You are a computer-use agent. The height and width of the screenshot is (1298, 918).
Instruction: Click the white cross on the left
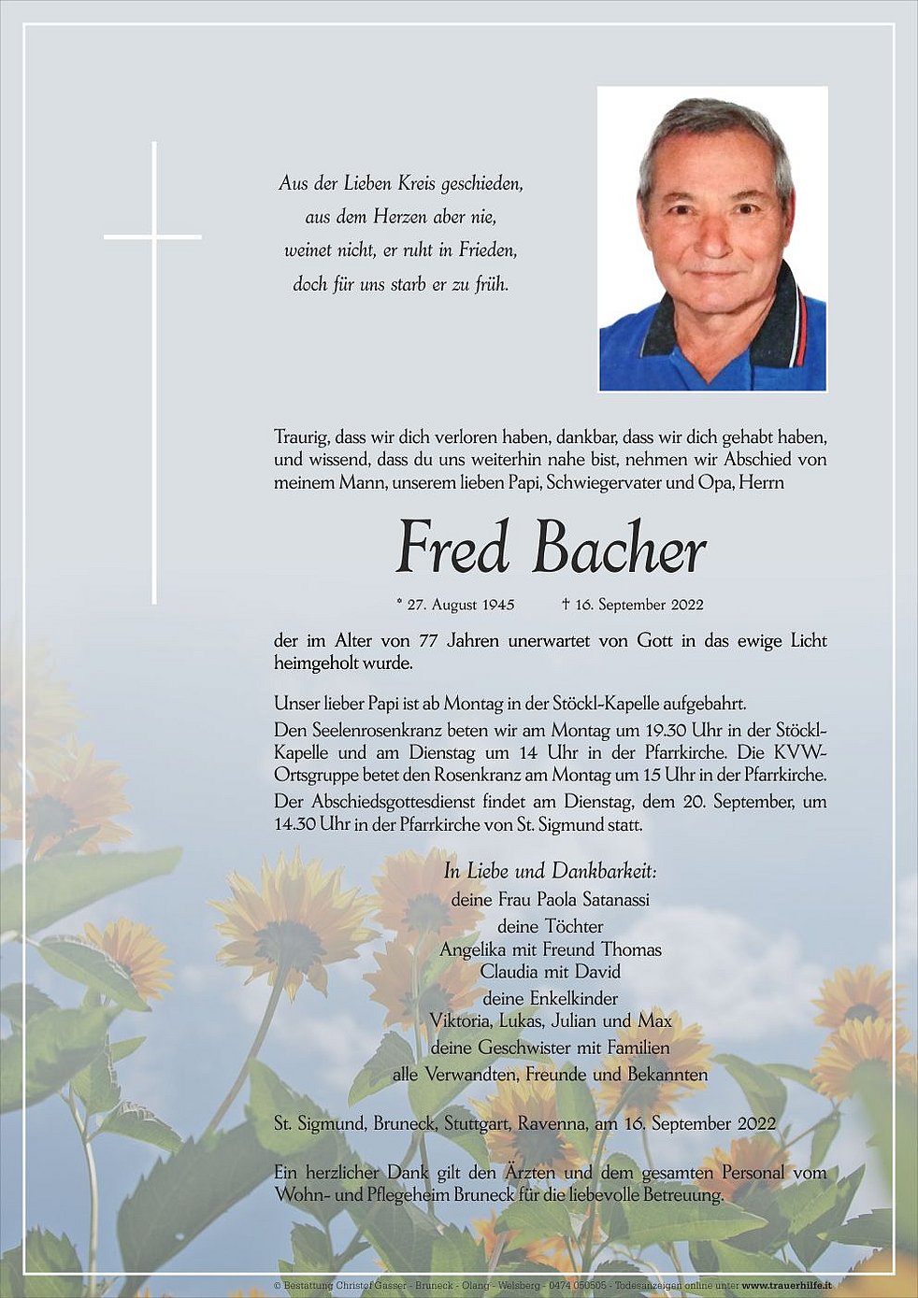154,238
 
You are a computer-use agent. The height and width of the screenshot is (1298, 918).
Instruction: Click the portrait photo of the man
712,239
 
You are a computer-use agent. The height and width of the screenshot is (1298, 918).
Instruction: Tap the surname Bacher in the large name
619,549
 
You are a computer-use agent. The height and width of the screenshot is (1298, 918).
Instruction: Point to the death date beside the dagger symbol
639,605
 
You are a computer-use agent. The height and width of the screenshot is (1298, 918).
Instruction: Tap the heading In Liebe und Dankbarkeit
551,871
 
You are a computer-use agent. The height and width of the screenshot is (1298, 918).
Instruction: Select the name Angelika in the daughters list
474,949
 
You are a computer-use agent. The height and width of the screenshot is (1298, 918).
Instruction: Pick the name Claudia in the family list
511,972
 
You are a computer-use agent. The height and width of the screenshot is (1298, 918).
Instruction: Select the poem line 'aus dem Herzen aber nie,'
400,217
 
